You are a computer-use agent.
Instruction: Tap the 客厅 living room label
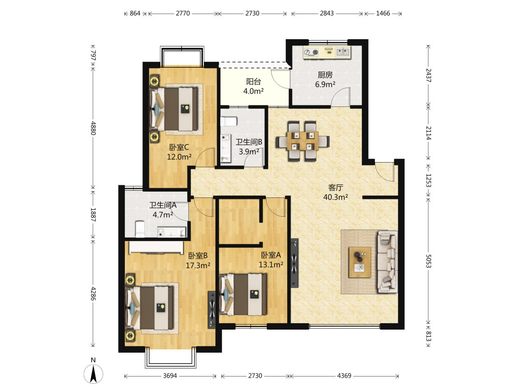(336, 188)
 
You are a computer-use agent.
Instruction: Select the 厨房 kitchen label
(325, 75)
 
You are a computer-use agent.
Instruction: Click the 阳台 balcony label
(253, 82)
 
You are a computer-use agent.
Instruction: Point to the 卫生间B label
(249, 142)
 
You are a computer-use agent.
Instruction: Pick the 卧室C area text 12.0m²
(179, 157)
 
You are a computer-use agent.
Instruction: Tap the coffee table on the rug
(359, 262)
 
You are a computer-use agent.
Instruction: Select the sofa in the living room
(387, 262)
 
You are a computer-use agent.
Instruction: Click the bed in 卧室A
(243, 295)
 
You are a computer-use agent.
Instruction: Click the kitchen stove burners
(311, 52)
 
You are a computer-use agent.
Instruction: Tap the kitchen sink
(342, 52)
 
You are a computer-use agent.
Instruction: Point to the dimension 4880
(93, 128)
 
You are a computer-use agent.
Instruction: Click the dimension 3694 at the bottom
(170, 376)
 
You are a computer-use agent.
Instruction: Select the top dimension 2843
(326, 14)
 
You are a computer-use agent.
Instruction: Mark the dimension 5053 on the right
(429, 261)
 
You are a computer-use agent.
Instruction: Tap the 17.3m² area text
(198, 266)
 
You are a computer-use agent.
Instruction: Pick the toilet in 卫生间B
(229, 121)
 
